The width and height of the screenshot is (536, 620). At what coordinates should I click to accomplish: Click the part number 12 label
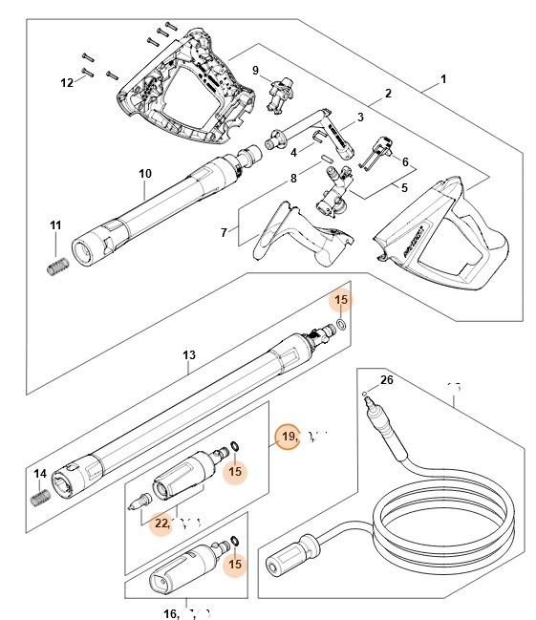67,83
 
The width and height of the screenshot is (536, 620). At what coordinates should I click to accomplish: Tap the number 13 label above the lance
189,354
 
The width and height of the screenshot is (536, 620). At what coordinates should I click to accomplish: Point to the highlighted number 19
288,437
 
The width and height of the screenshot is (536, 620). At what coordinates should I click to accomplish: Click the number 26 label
386,379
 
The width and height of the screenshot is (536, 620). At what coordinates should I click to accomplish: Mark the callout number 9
255,70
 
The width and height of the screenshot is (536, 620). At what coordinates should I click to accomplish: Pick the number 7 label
224,232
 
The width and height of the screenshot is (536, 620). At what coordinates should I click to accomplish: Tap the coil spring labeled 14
41,498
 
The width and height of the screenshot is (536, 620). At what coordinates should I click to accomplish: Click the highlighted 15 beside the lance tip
340,301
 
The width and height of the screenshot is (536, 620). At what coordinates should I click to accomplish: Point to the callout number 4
294,151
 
